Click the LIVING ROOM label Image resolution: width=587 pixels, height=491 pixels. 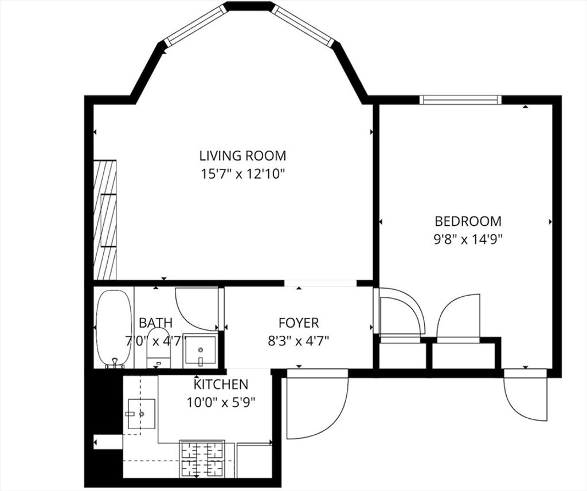(x=242, y=155)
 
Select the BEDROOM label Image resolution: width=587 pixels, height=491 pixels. (x=468, y=221)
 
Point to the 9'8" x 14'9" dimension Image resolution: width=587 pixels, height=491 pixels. (x=468, y=239)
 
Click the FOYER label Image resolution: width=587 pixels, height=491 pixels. (x=299, y=323)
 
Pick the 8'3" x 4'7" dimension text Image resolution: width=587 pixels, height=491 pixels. (x=298, y=341)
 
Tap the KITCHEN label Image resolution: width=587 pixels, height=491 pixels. (x=221, y=384)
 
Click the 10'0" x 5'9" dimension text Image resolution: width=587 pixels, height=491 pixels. (x=221, y=402)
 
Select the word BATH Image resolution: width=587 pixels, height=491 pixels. (x=156, y=323)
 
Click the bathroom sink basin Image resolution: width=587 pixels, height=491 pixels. (x=200, y=351)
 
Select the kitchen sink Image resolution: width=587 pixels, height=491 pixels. (x=142, y=414)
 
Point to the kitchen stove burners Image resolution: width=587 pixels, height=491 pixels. (x=202, y=459)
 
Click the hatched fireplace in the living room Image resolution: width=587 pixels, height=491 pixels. (x=105, y=220)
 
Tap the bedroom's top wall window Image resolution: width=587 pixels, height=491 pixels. (x=460, y=100)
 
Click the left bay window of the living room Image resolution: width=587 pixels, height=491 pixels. (x=195, y=24)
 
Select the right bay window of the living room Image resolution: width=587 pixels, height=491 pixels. (x=303, y=25)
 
